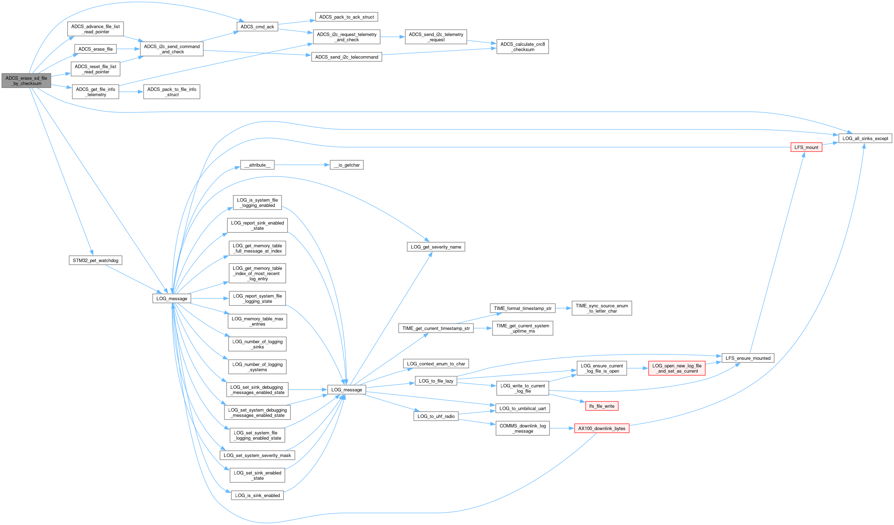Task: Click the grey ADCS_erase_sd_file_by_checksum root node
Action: point(26,81)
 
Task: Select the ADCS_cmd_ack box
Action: point(257,27)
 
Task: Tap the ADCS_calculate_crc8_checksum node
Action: point(522,47)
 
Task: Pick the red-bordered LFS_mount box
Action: point(806,147)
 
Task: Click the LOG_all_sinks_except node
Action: point(865,138)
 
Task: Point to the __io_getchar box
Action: point(347,165)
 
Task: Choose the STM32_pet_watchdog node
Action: point(95,260)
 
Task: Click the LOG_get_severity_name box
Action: point(436,247)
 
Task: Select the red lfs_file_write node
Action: point(601,406)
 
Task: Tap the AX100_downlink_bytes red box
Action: point(601,429)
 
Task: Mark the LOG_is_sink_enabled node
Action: point(257,496)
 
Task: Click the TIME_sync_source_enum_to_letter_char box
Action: point(601,308)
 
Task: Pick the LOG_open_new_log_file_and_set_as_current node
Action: point(677,369)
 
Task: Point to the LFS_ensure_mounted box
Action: point(748,358)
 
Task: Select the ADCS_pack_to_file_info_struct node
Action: point(172,92)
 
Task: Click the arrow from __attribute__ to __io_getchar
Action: point(302,165)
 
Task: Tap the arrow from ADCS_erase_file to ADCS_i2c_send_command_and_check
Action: point(128,49)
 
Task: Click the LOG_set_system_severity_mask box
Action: point(257,456)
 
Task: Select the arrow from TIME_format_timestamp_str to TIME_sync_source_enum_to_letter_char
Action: point(563,308)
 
